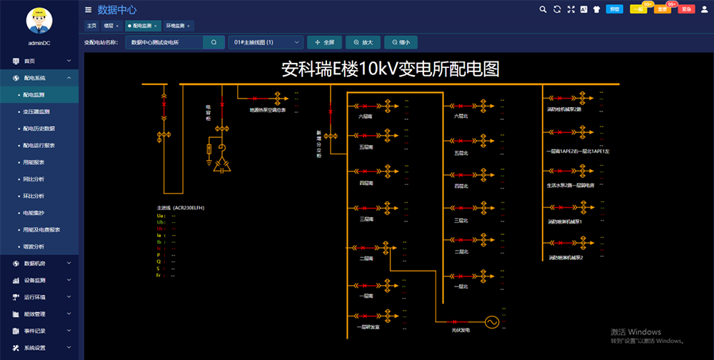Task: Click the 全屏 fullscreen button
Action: pyautogui.click(x=324, y=42)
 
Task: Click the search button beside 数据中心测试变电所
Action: pyautogui.click(x=213, y=42)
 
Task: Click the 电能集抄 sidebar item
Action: pyautogui.click(x=34, y=213)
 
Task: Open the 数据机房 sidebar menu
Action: pyautogui.click(x=39, y=264)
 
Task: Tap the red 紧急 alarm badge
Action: pyautogui.click(x=686, y=9)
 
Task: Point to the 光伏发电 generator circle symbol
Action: pyautogui.click(x=491, y=322)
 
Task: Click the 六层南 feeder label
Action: pyautogui.click(x=366, y=116)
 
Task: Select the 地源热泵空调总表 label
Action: pyautogui.click(x=268, y=110)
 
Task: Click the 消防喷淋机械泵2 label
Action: pyautogui.click(x=566, y=257)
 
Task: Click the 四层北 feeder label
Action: pyautogui.click(x=461, y=186)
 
